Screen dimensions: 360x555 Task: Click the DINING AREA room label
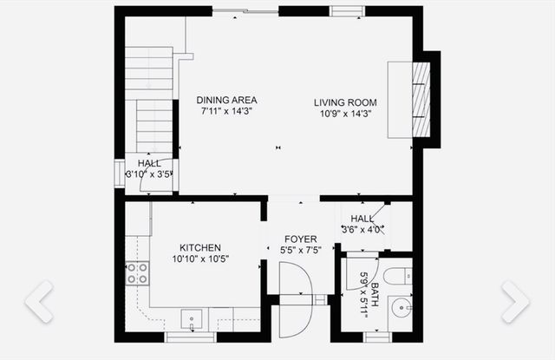coord(226,100)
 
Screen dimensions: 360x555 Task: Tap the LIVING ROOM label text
coord(345,102)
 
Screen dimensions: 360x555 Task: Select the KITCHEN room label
coord(200,247)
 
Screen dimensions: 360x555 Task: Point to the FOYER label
coord(300,239)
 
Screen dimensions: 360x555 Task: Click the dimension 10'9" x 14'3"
coord(345,113)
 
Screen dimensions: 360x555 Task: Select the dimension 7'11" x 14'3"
coord(226,111)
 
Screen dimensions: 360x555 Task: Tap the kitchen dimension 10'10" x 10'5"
coord(200,259)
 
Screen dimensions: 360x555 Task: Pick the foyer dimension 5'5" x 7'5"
coord(300,251)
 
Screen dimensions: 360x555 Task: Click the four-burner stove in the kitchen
coord(137,274)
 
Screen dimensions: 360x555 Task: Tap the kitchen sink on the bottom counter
coord(192,317)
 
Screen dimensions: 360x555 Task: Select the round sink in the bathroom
coord(400,306)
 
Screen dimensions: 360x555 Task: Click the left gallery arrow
coord(39,300)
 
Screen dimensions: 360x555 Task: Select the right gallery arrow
coord(515,300)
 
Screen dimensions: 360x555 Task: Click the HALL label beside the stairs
coord(149,163)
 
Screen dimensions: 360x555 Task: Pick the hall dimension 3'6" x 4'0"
coord(362,230)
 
